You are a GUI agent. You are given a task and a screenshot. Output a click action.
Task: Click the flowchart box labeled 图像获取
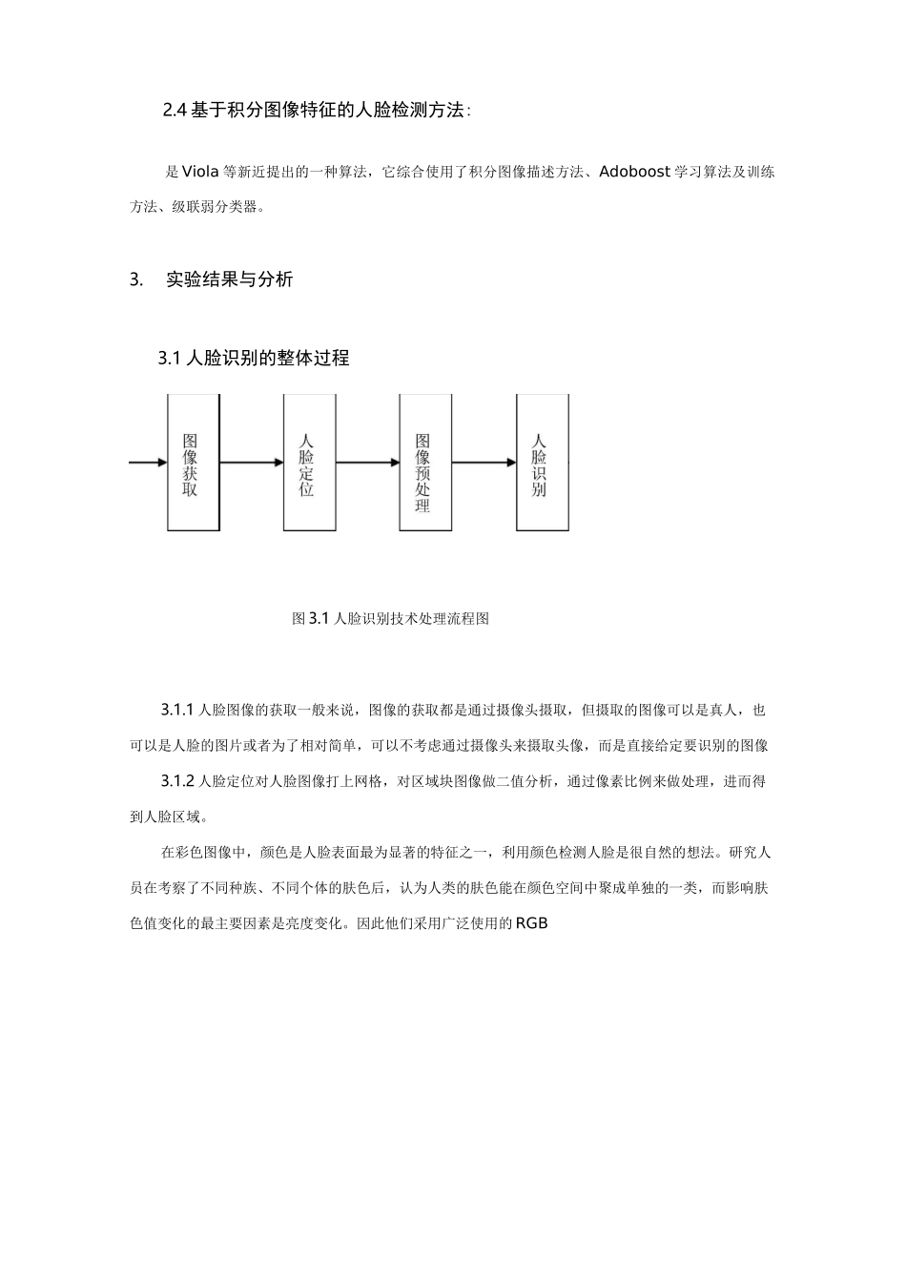click(194, 464)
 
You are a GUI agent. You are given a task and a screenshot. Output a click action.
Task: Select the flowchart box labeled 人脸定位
click(309, 464)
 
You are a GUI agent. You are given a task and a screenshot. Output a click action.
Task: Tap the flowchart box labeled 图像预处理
click(424, 464)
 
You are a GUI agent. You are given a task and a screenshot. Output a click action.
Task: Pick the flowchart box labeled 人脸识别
click(542, 464)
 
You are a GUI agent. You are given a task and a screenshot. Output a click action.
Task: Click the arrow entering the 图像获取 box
click(148, 464)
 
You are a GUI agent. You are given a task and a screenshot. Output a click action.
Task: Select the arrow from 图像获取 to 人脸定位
click(252, 464)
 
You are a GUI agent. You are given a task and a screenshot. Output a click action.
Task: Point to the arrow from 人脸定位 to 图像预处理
click(367, 464)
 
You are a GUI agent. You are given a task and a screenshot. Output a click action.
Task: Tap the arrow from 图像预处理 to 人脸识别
click(484, 464)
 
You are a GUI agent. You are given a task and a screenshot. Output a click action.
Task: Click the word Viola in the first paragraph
click(198, 173)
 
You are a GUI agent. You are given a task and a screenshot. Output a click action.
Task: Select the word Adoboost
click(634, 173)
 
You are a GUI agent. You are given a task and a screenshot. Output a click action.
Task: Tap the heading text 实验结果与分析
click(229, 279)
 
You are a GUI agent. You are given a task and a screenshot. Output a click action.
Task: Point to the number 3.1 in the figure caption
click(319, 619)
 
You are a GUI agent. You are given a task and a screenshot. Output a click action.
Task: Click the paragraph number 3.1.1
click(177, 711)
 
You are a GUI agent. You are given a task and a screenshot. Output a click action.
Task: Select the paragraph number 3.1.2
click(177, 782)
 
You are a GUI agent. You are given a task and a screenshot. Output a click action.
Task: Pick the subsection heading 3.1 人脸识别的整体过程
click(254, 359)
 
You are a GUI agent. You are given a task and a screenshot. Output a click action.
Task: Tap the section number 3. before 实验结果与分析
click(135, 279)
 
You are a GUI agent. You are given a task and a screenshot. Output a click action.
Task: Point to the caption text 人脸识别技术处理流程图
click(412, 619)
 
